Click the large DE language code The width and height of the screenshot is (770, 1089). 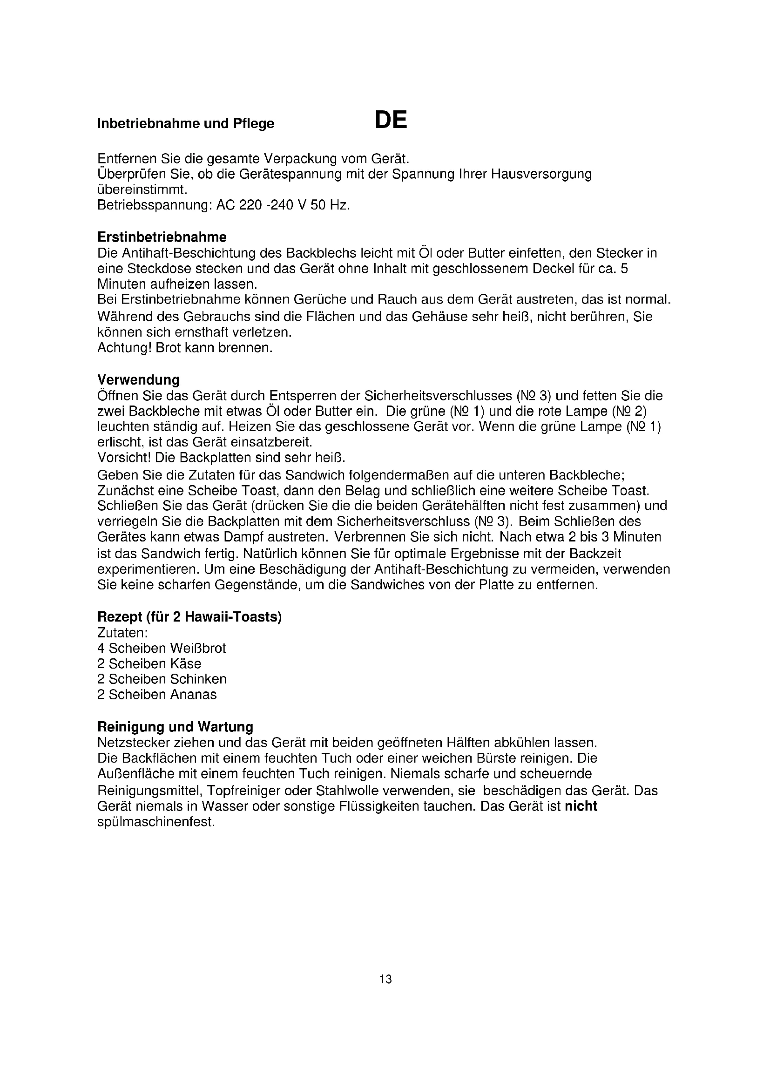(391, 121)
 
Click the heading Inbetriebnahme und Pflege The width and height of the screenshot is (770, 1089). (185, 124)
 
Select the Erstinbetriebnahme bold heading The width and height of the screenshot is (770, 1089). (162, 237)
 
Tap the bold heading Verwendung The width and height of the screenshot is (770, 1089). (138, 380)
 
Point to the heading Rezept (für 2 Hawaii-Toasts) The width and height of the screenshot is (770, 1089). (189, 617)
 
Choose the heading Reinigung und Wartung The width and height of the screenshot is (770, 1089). (175, 727)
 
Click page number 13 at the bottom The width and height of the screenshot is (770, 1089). (385, 980)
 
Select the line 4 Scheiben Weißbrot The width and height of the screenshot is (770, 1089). (161, 649)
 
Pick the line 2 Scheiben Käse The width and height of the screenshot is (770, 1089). (149, 663)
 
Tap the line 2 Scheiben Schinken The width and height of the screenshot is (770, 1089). (162, 679)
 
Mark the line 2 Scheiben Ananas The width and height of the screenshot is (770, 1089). (156, 695)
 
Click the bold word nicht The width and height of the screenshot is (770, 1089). (581, 806)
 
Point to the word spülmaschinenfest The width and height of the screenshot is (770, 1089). (156, 822)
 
